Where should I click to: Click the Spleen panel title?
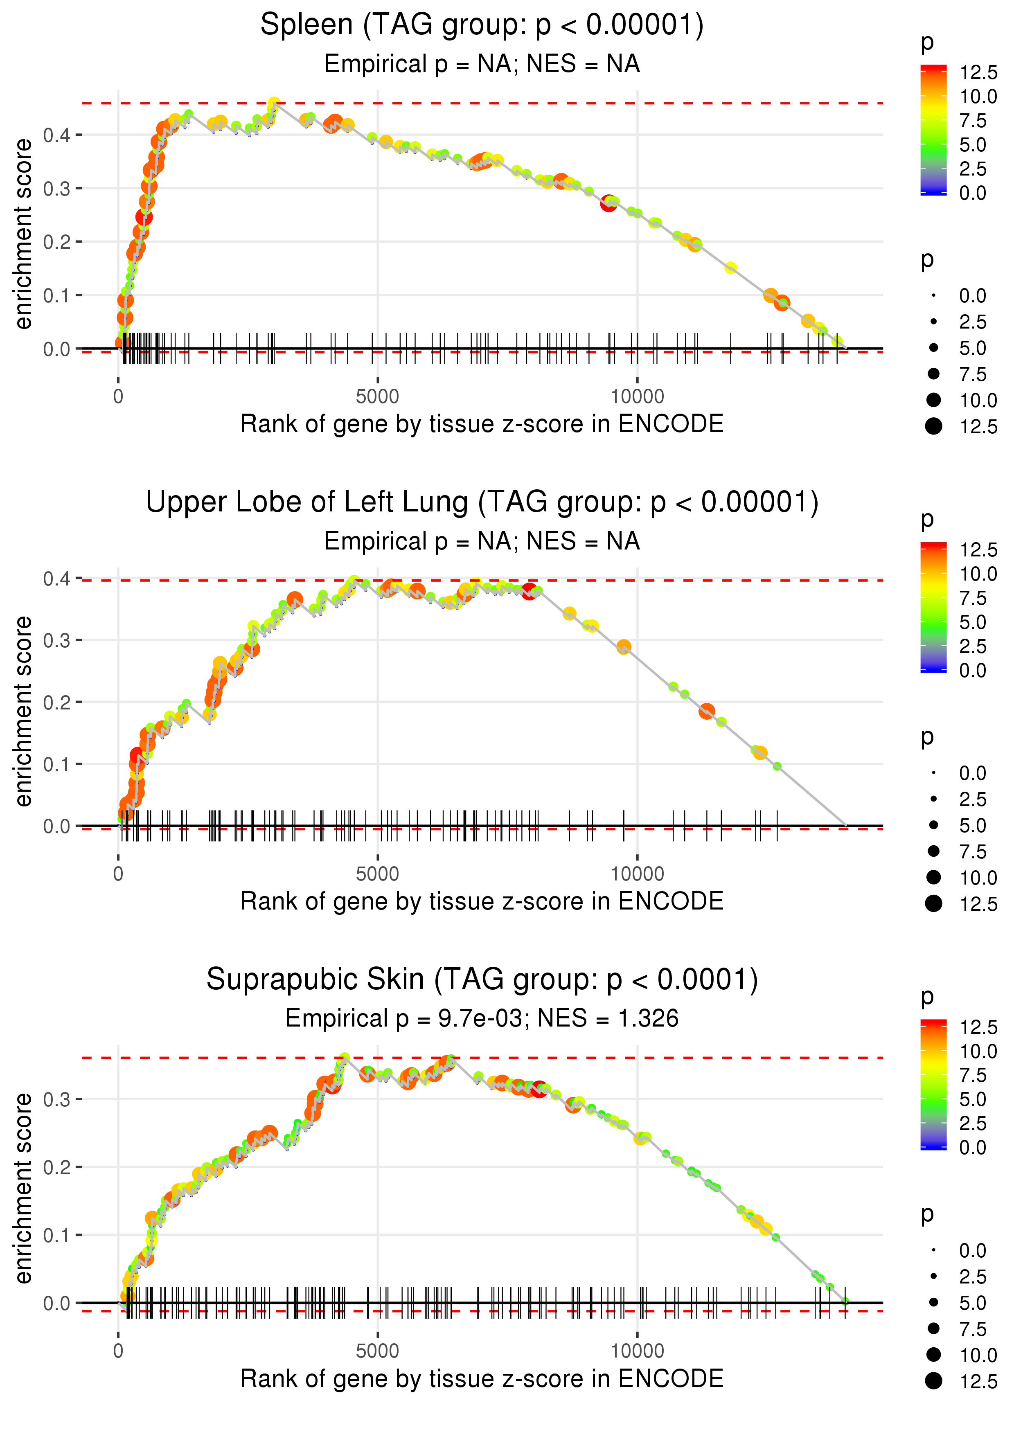pos(482,25)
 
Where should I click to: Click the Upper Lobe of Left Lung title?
pos(482,502)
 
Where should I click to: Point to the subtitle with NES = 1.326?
pos(482,1018)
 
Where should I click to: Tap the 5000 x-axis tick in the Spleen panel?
pos(377,397)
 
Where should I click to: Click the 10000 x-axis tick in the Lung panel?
pos(637,874)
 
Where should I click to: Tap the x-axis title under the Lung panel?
pos(482,901)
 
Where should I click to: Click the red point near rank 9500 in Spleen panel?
pos(608,203)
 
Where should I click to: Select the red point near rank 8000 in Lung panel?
pos(529,591)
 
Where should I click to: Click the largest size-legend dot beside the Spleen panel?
pos(933,426)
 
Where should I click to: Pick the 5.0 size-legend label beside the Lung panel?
pos(973,826)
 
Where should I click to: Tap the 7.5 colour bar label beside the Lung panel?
pos(973,598)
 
